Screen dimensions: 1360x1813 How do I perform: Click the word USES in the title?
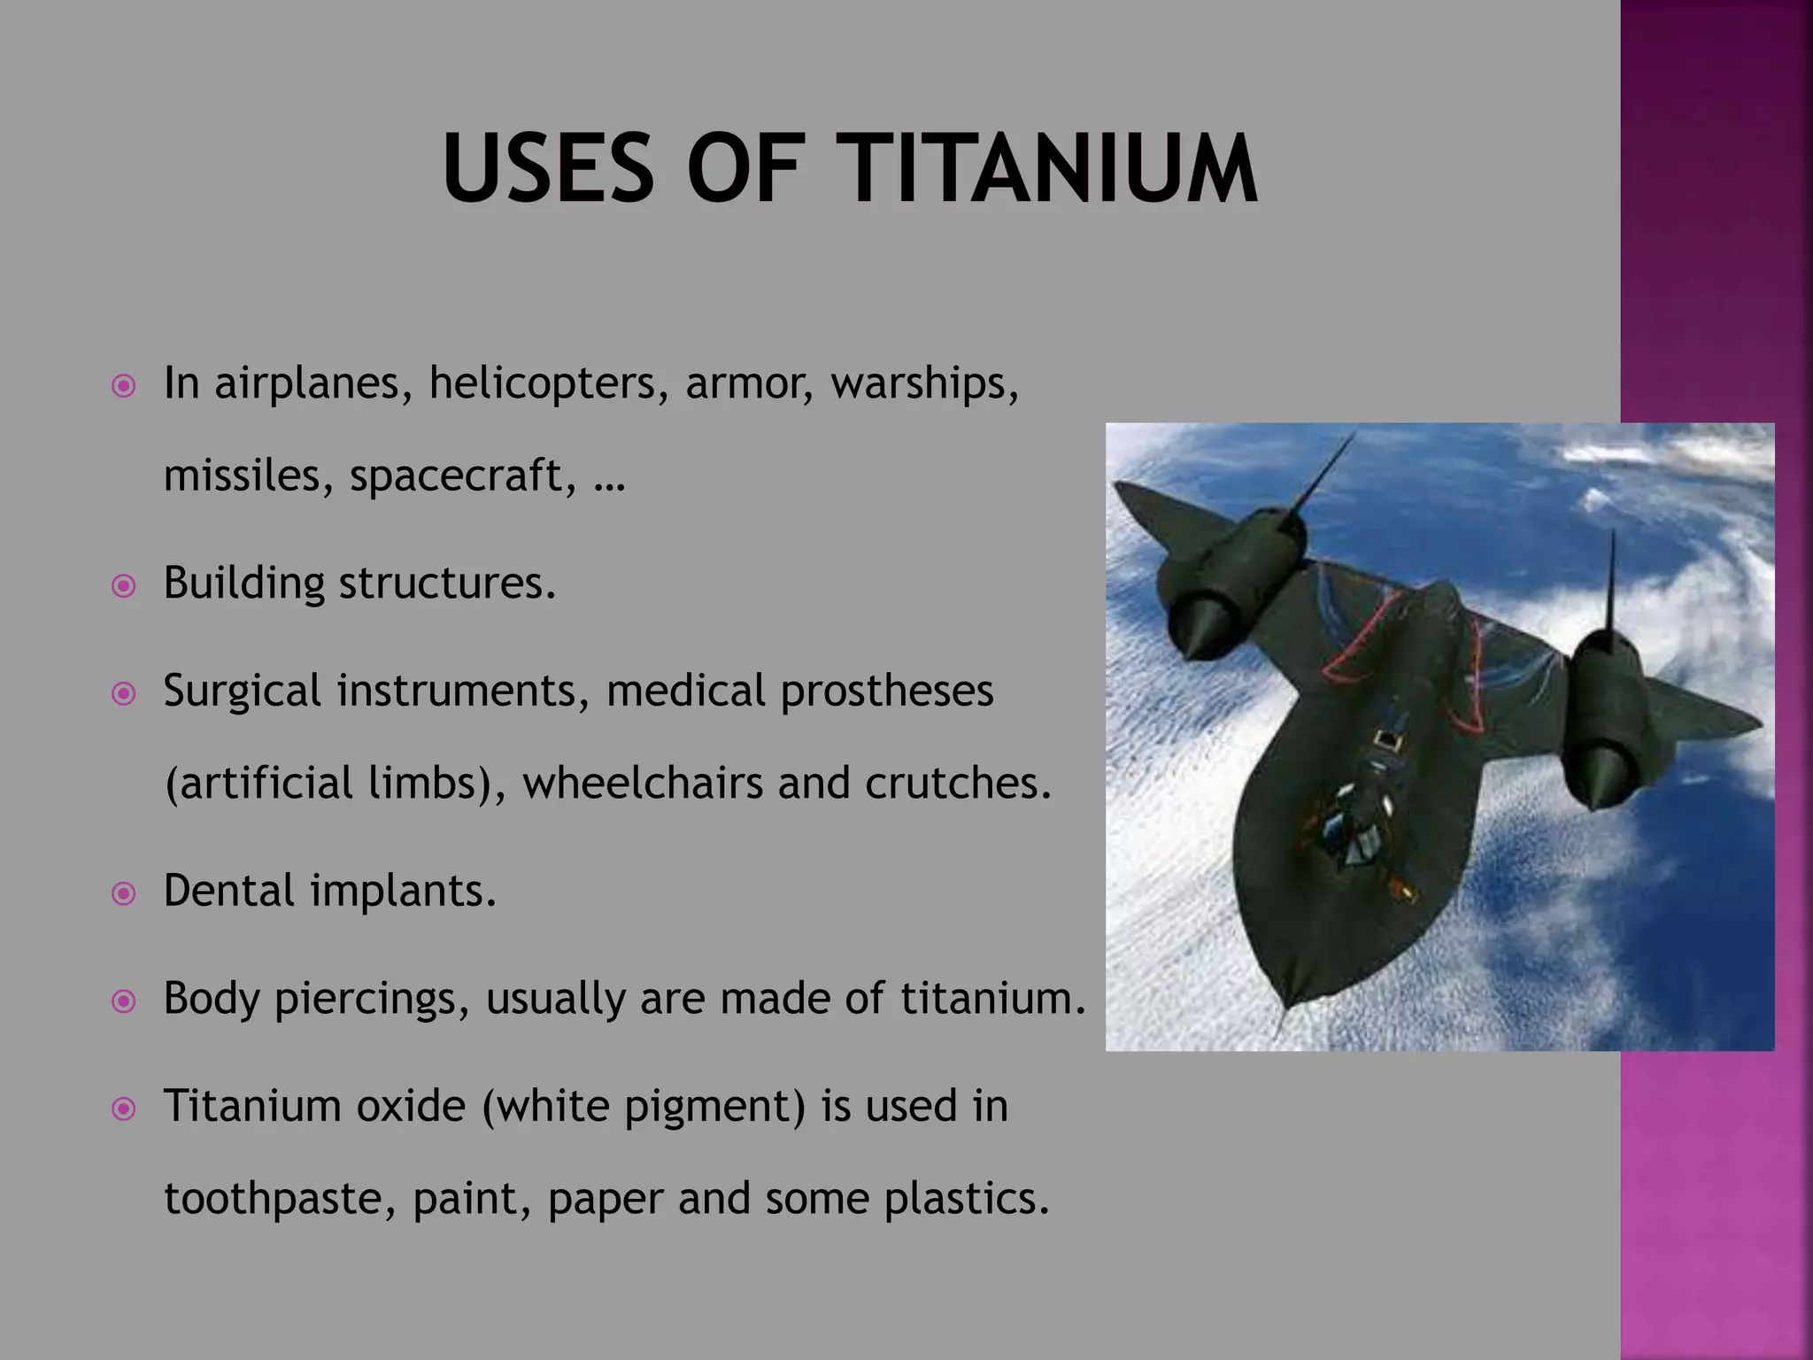547,170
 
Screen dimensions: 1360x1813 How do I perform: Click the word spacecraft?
456,476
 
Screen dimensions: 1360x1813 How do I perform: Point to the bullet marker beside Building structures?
124,586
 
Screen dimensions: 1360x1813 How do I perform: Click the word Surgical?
242,692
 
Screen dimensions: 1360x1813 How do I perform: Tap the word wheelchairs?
642,784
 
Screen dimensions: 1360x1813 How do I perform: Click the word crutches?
957,784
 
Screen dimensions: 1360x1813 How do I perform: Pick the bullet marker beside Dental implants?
124,893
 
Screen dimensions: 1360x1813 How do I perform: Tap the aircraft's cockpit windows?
1346,832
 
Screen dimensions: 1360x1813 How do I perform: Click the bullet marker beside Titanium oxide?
124,1109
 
